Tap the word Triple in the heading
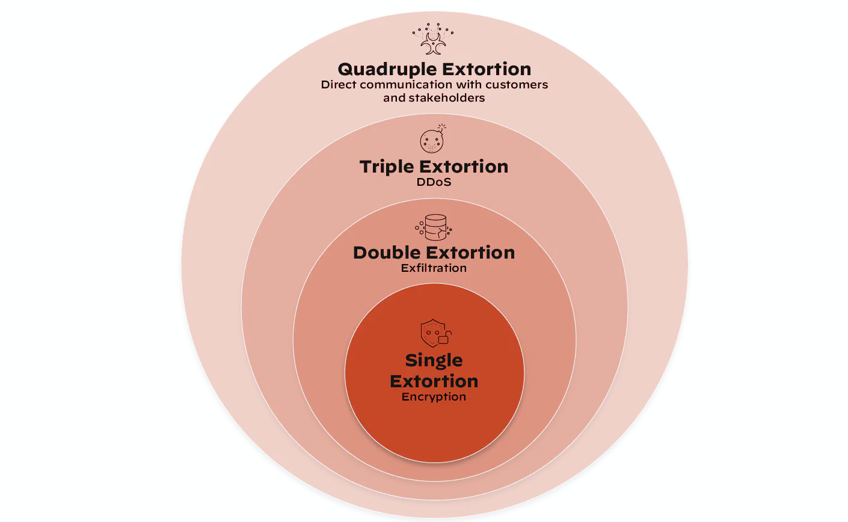pos(386,167)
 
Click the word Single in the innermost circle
pos(434,360)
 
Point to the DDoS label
pos(434,182)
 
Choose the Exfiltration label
pos(434,268)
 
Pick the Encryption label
pos(434,397)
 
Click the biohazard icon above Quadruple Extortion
pos(433,40)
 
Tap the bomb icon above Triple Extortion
pos(432,140)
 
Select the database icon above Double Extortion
pos(434,227)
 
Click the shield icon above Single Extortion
pos(432,332)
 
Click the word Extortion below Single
pos(434,381)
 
